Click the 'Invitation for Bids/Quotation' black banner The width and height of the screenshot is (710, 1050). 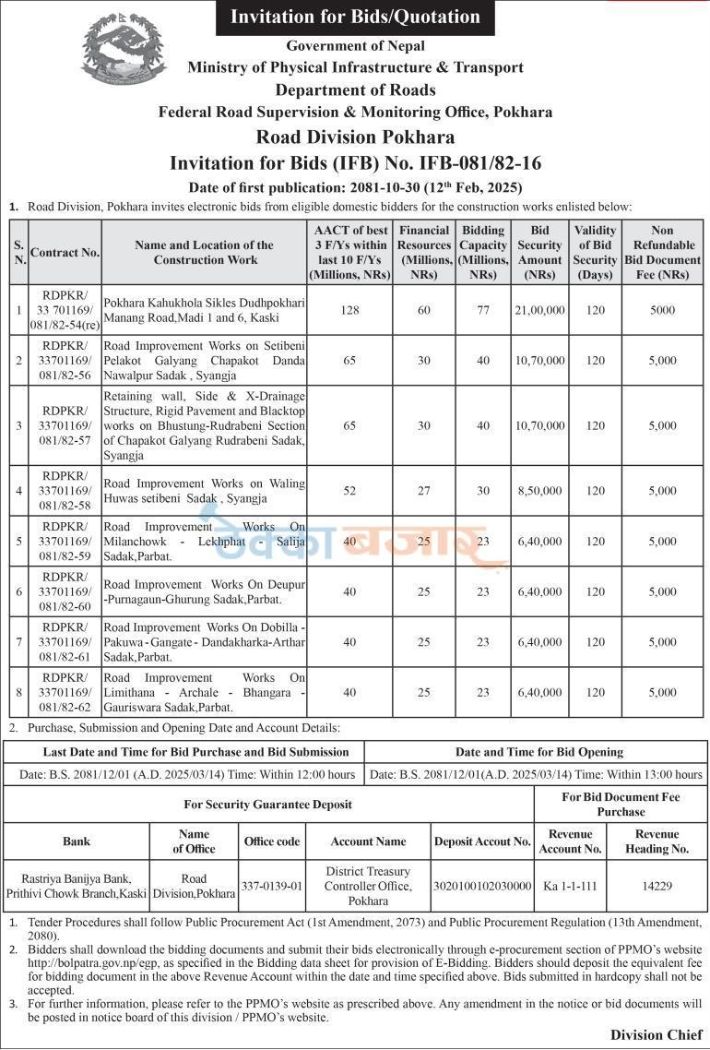pos(355,17)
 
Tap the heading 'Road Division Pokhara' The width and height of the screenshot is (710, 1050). pos(355,137)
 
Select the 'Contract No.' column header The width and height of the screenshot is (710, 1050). pos(65,252)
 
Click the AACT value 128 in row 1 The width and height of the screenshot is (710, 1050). pos(349,310)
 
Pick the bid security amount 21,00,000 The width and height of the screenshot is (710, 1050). pos(540,310)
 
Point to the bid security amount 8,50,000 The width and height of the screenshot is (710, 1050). pos(540,491)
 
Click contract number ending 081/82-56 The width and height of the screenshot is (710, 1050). pos(65,361)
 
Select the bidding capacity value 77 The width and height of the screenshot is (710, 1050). pos(483,310)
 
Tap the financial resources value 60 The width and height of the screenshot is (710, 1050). pos(424,310)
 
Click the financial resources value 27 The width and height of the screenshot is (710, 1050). pos(424,491)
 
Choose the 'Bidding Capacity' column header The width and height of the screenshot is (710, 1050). pos(483,252)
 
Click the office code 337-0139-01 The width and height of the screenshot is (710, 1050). pos(272,886)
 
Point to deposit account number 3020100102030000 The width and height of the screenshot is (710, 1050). pos(483,886)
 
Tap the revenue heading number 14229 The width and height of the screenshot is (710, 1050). pos(657,886)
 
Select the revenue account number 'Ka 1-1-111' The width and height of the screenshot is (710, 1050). pos(570,886)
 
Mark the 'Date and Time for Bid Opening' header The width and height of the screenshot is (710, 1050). pos(538,752)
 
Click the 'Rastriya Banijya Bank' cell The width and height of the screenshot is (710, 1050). pos(77,886)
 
